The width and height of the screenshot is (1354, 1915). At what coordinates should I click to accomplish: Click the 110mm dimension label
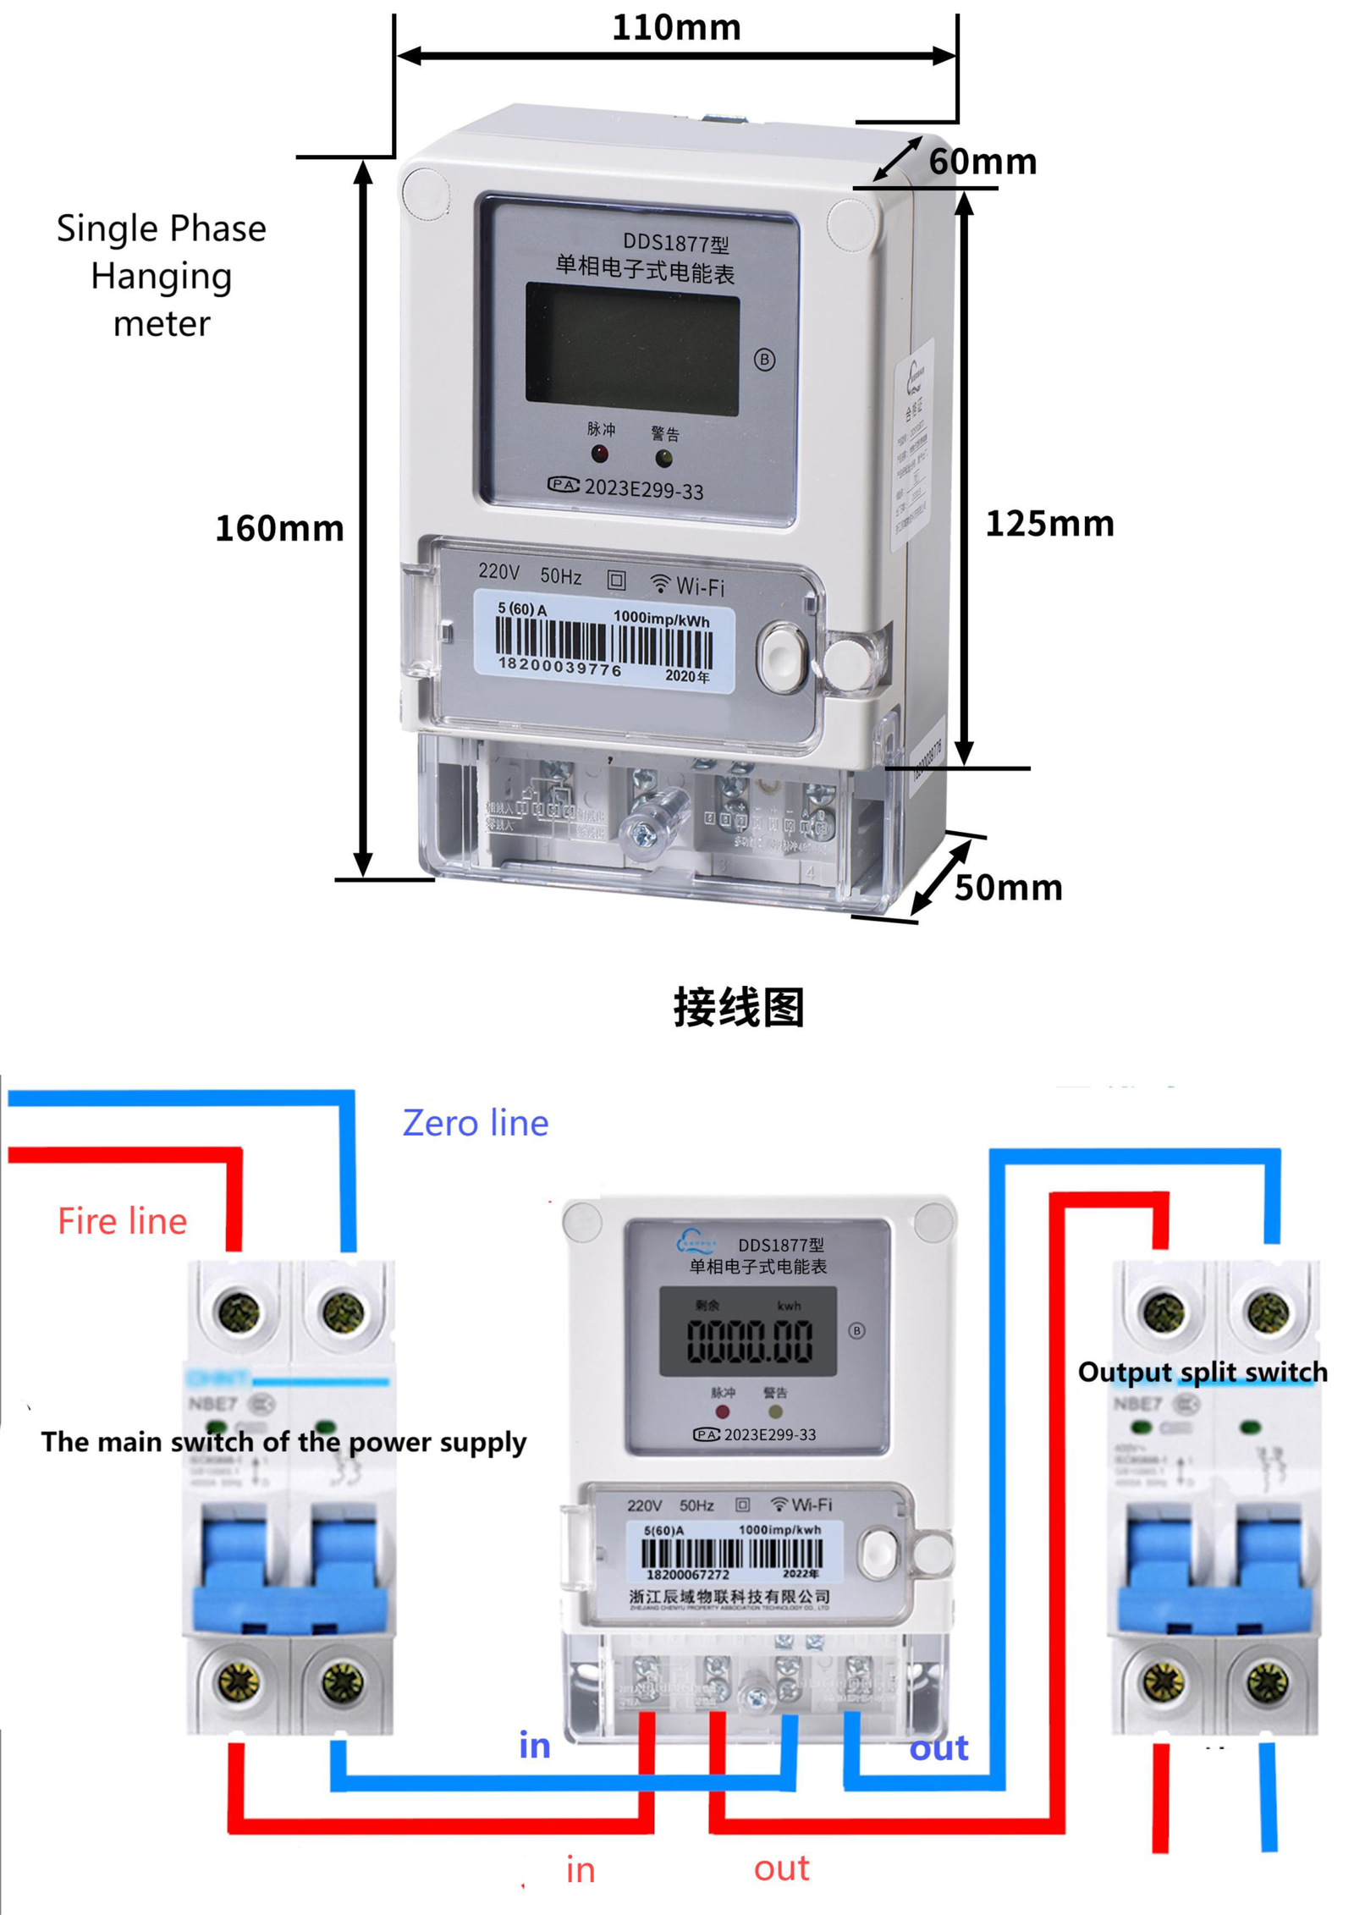(x=675, y=28)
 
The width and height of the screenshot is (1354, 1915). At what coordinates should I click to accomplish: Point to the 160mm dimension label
(x=279, y=528)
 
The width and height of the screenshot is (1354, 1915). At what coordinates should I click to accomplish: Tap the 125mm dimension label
(x=1049, y=523)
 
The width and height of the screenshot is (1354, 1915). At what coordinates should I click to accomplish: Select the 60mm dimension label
(x=982, y=161)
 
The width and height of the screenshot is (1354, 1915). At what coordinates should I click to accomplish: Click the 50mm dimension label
(x=1008, y=887)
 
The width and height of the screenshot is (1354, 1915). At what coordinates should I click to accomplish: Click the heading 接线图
(x=738, y=1007)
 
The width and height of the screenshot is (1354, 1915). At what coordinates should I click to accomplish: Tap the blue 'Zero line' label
(x=475, y=1122)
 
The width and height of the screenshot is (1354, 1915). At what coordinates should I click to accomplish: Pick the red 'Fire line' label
(x=122, y=1220)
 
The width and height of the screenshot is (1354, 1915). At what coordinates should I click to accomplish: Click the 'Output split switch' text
(x=1202, y=1371)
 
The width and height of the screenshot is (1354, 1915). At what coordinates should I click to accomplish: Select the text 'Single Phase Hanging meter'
(x=161, y=275)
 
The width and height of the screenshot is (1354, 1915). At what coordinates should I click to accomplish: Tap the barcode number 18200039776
(x=559, y=667)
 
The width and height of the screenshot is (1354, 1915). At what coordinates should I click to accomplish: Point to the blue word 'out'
(x=938, y=1747)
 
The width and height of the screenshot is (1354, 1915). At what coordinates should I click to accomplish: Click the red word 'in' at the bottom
(x=581, y=1869)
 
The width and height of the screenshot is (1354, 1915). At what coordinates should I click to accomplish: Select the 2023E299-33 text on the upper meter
(x=643, y=488)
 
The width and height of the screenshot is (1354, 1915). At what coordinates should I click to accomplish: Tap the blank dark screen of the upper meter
(x=631, y=349)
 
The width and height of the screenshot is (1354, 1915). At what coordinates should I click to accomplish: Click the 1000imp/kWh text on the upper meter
(x=661, y=619)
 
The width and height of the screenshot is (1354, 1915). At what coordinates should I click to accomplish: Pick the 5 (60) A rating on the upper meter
(x=521, y=608)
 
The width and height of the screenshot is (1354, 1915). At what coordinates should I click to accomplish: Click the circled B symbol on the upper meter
(x=764, y=360)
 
